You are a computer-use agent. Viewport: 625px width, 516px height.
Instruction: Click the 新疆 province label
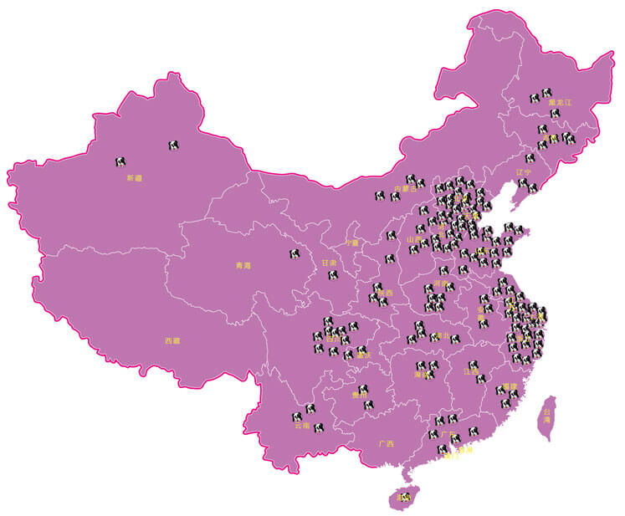click(x=135, y=178)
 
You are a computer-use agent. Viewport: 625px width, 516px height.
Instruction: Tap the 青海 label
click(x=243, y=266)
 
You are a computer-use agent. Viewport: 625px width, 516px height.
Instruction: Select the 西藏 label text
click(x=172, y=340)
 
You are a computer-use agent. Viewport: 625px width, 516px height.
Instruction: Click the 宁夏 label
click(x=351, y=243)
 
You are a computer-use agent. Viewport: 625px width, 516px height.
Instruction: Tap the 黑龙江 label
click(x=560, y=102)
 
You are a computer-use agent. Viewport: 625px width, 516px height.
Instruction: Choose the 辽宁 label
click(x=524, y=171)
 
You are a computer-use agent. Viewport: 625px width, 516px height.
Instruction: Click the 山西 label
click(x=414, y=239)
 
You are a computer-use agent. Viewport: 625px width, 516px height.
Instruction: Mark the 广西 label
click(x=386, y=443)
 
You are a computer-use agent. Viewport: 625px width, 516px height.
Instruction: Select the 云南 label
click(x=302, y=426)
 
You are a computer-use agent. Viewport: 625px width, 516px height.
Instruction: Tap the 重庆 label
click(x=363, y=355)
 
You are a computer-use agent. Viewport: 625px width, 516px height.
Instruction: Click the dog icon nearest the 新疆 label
click(x=121, y=162)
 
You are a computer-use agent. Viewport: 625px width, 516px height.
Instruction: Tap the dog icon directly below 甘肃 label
click(x=333, y=273)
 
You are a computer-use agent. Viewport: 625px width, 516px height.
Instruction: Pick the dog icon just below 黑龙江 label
click(x=555, y=113)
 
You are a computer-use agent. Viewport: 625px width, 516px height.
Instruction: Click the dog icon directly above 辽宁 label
click(x=530, y=158)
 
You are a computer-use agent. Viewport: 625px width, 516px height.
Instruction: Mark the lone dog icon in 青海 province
click(x=295, y=253)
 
